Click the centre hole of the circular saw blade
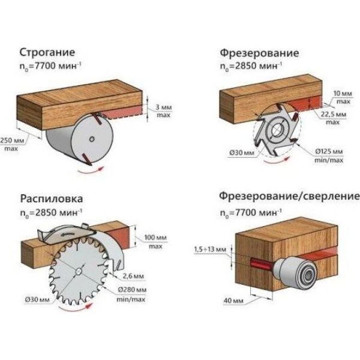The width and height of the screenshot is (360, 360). point(80,274)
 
